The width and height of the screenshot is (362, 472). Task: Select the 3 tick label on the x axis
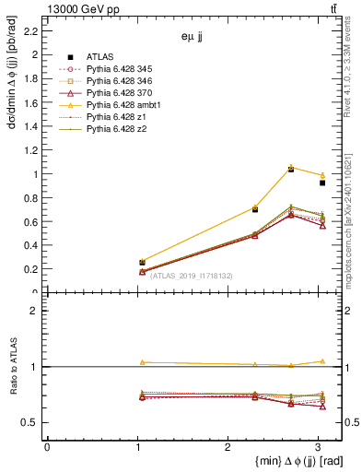click(317, 447)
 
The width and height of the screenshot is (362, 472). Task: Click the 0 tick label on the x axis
click(47, 447)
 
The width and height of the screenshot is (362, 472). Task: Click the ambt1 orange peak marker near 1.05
click(291, 167)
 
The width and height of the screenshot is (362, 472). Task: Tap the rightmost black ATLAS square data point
click(322, 183)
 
